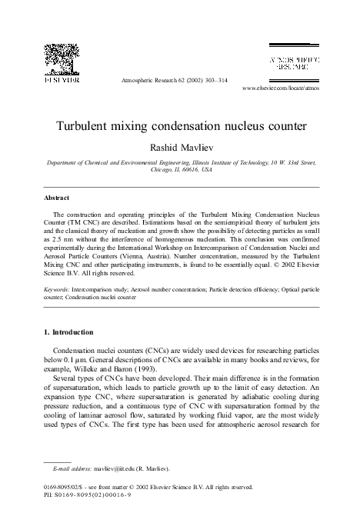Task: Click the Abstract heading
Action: (x=57, y=198)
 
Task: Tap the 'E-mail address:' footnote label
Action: (x=72, y=468)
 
